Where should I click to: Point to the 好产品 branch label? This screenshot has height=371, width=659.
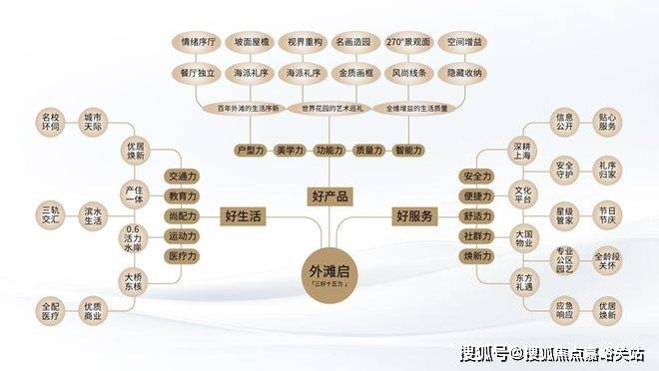[329, 195]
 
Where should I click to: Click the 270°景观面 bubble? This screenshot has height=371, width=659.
[409, 43]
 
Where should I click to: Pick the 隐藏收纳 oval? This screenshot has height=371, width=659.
[463, 72]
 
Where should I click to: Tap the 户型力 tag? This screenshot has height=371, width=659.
[250, 150]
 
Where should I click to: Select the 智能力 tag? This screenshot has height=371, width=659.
[408, 150]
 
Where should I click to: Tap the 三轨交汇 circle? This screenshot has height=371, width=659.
[50, 214]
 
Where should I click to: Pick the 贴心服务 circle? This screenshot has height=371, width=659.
[608, 123]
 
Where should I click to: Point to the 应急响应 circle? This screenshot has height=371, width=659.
[564, 309]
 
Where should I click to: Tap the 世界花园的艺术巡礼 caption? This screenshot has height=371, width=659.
[329, 107]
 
